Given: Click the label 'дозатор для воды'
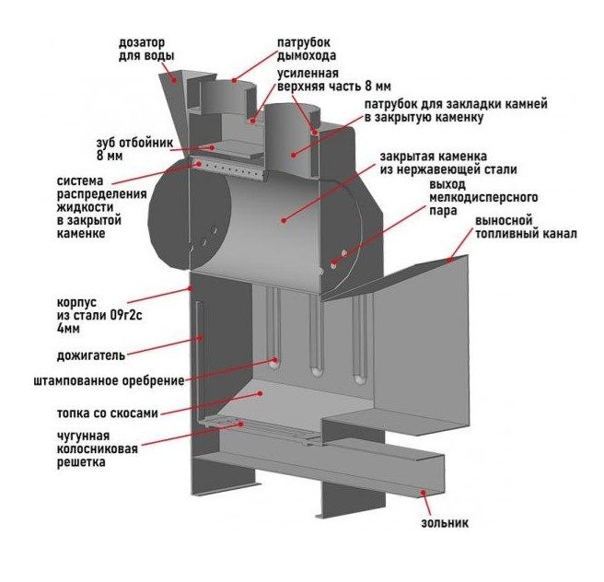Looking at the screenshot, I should (146, 49).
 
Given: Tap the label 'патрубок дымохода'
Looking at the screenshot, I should (305, 49).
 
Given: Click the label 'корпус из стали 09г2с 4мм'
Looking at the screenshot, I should (84, 313).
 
